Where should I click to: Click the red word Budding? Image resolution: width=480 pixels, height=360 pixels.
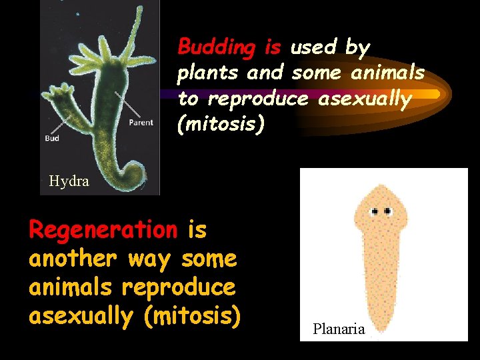pyautogui.click(x=217, y=48)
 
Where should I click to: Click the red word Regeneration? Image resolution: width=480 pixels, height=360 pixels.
pyautogui.click(x=103, y=230)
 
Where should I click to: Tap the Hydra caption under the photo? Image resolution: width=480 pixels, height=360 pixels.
pyautogui.click(x=69, y=181)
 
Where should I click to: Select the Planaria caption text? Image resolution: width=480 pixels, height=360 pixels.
pyautogui.click(x=339, y=329)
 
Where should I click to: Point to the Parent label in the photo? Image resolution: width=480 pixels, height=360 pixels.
pyautogui.click(x=141, y=122)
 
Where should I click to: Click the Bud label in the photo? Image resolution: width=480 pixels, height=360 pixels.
pyautogui.click(x=52, y=139)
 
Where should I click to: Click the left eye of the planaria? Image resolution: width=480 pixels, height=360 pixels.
pyautogui.click(x=375, y=211)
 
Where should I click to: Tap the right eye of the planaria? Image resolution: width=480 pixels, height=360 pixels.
pyautogui.click(x=387, y=211)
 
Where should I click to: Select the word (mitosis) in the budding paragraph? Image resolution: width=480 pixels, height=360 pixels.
pyautogui.click(x=221, y=124)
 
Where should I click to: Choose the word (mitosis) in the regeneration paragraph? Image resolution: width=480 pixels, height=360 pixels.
pyautogui.click(x=191, y=316)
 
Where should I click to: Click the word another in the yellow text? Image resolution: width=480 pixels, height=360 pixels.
pyautogui.click(x=71, y=259)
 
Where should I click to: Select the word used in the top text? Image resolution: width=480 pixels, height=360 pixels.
pyautogui.click(x=313, y=47)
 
